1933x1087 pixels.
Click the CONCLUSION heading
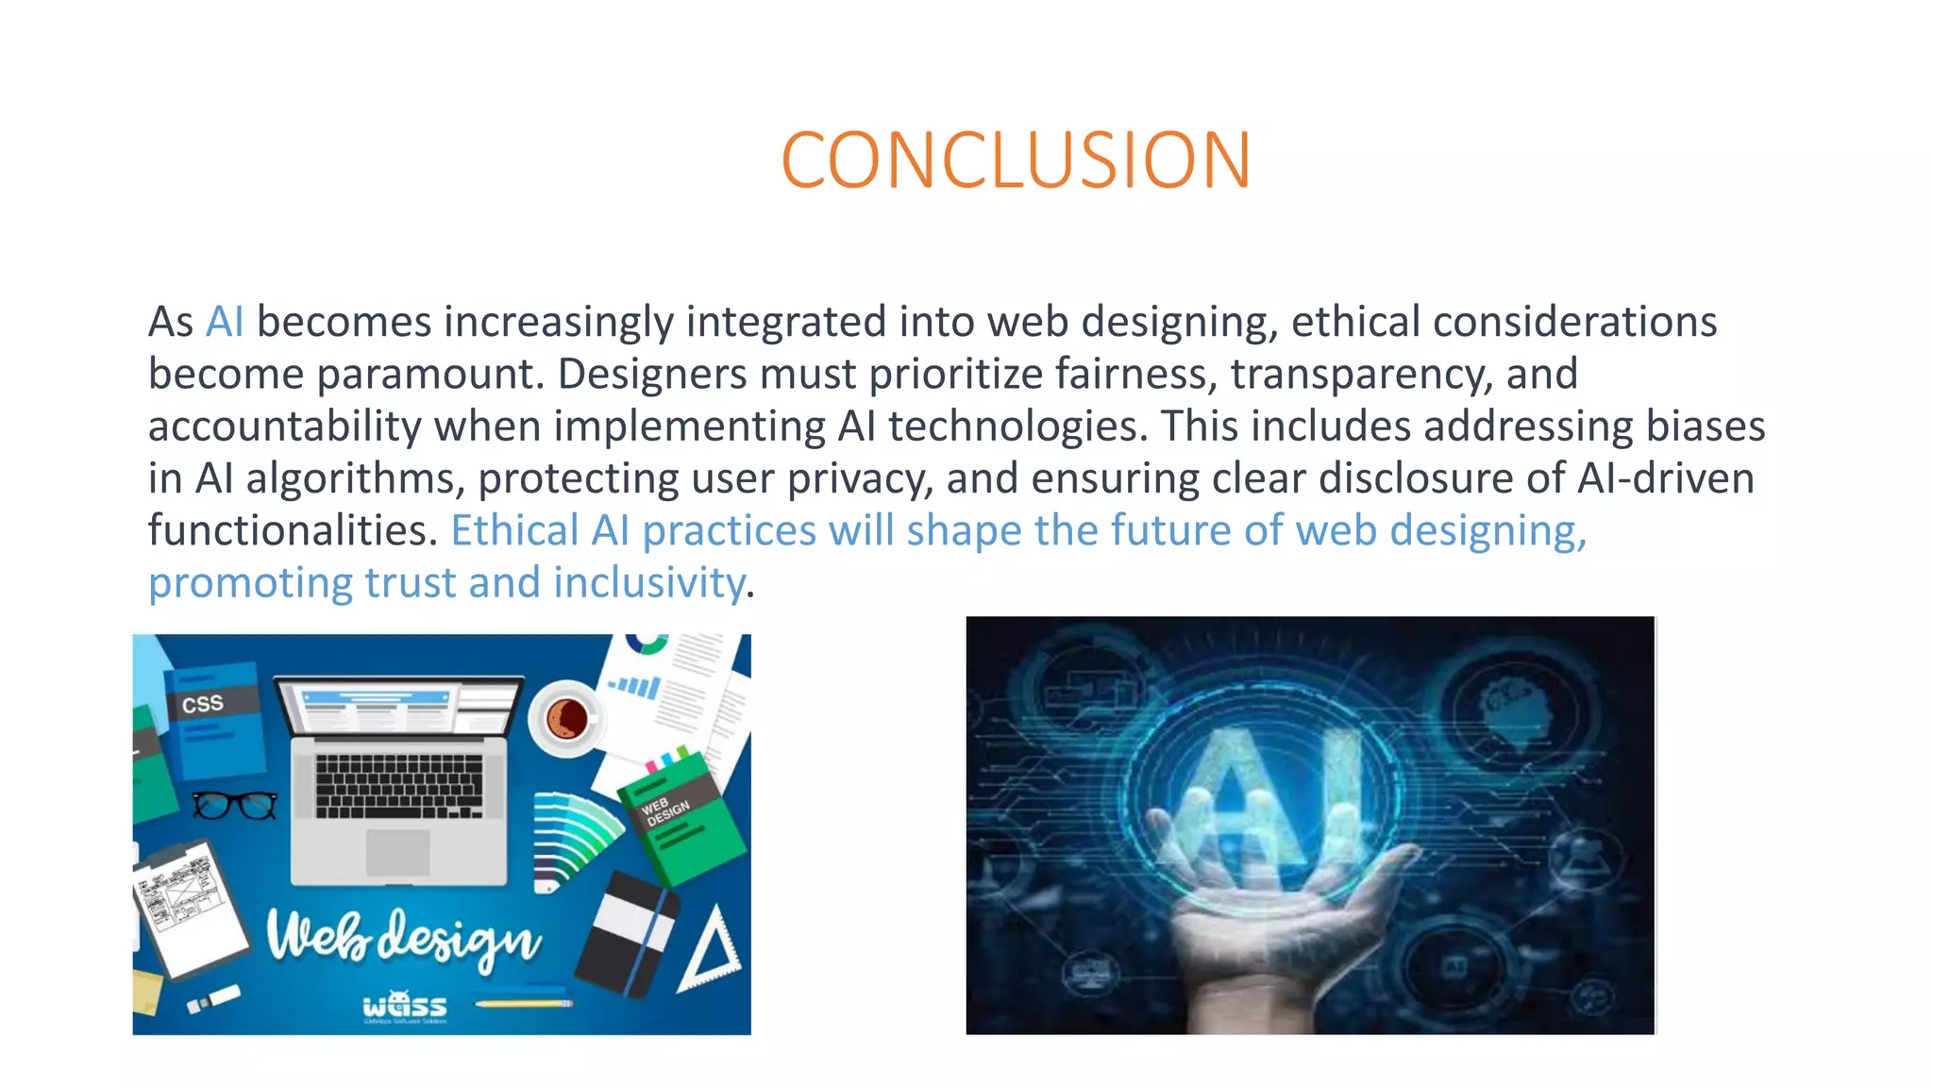(x=1016, y=160)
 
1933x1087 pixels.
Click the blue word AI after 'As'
(x=225, y=322)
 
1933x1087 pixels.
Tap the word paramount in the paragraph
(x=430, y=374)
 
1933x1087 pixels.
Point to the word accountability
(x=284, y=426)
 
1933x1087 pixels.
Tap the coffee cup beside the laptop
(x=566, y=719)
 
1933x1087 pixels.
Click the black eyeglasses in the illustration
(x=235, y=805)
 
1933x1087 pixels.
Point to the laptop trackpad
(x=397, y=852)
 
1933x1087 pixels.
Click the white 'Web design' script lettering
(x=403, y=937)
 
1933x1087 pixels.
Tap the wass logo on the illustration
(x=405, y=1006)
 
